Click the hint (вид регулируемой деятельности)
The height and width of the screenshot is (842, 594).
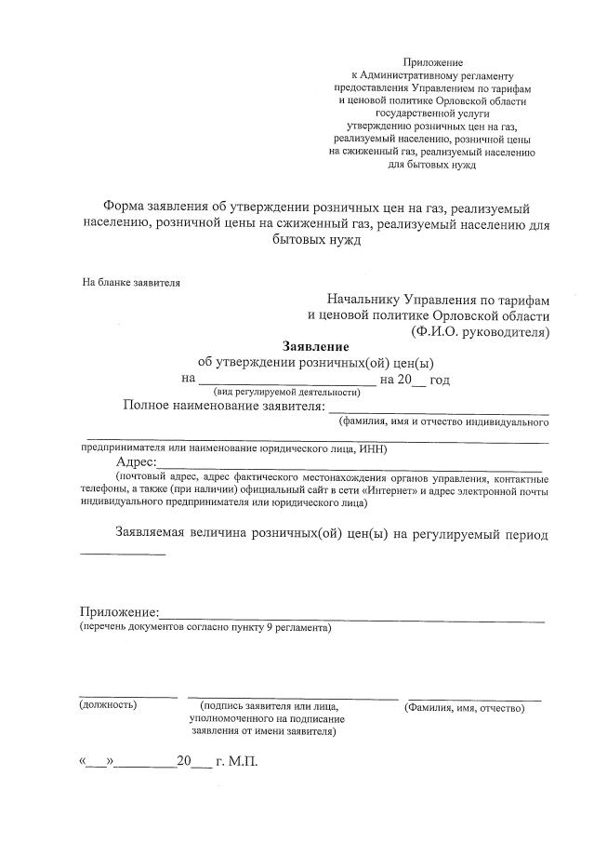274,392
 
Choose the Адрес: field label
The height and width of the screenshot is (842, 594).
137,463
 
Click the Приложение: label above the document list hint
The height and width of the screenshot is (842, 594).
119,613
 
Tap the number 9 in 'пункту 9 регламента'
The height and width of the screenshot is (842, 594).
269,629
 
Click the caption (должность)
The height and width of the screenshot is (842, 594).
109,706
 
